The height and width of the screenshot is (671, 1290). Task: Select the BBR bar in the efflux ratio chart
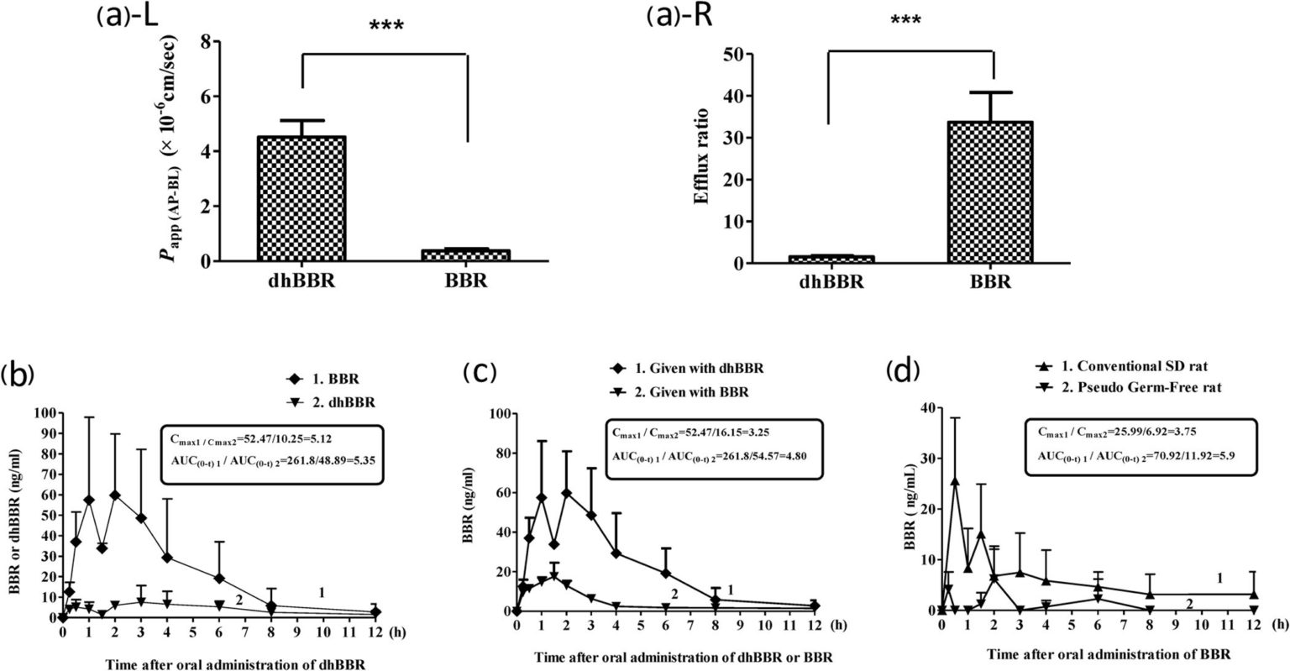click(993, 192)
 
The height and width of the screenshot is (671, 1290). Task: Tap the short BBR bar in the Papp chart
click(466, 255)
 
